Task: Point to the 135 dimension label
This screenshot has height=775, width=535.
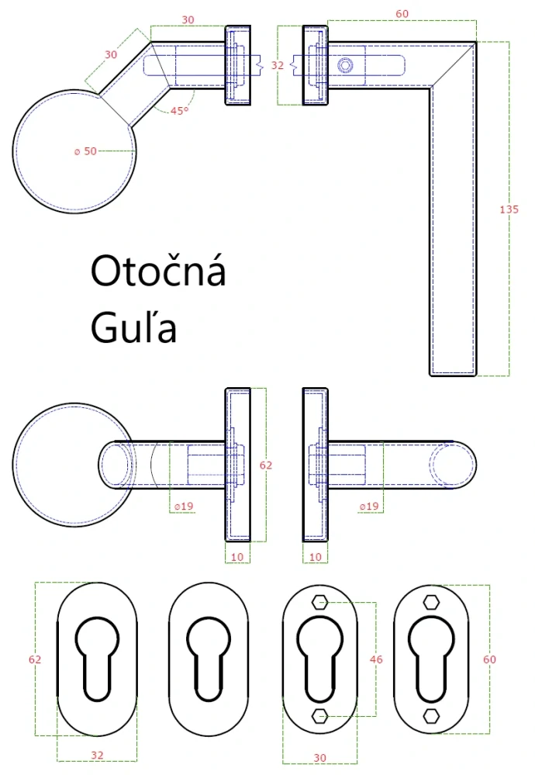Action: (509, 209)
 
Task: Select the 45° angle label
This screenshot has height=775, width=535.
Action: (179, 111)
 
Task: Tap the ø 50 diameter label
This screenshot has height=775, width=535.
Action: (85, 151)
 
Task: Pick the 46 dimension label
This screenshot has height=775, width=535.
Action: (376, 659)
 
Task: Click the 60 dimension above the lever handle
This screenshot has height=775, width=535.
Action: (402, 13)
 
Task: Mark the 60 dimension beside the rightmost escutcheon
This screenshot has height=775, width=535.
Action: (489, 659)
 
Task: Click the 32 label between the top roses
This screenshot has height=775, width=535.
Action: (278, 66)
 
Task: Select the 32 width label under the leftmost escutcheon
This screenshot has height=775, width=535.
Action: (97, 754)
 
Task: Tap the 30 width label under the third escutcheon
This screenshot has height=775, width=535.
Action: (319, 756)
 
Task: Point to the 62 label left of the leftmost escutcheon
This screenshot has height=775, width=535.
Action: (34, 659)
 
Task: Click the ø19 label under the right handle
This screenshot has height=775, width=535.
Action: (369, 507)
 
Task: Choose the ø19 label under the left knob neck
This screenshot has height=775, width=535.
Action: (183, 507)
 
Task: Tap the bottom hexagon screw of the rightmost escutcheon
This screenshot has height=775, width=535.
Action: (431, 716)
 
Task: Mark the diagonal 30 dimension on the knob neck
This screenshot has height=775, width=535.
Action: (111, 55)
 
